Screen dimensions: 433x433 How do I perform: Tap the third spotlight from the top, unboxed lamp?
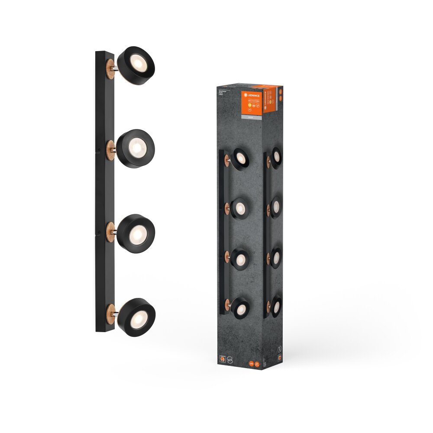click(136, 232)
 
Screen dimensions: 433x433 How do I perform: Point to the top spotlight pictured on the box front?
click(240, 158)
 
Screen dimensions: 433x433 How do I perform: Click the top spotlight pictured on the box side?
click(276, 156)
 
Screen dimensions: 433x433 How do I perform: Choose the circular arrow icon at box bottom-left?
click(231, 358)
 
